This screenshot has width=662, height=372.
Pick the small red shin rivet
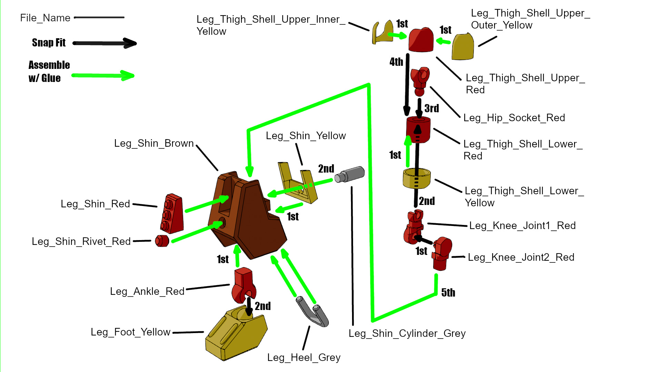162,241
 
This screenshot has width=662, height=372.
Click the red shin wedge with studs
172,214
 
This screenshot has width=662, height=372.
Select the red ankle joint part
243,284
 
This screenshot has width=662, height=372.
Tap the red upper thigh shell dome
421,40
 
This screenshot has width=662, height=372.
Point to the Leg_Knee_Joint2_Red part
441,253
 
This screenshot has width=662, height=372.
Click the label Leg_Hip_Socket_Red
514,118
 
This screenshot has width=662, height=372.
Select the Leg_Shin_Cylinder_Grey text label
407,333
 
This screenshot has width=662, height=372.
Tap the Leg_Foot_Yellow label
130,332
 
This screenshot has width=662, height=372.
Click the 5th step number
448,293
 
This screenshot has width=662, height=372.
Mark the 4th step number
396,62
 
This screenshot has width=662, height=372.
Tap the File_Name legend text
45,18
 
